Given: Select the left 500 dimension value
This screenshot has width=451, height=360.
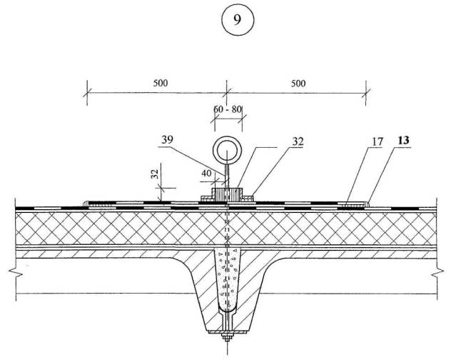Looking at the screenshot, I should [x=160, y=83].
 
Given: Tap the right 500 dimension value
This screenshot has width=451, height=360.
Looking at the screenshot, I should [x=298, y=83].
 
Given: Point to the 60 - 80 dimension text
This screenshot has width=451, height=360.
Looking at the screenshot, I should [x=227, y=109].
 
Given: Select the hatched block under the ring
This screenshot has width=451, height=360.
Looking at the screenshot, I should [x=226, y=194].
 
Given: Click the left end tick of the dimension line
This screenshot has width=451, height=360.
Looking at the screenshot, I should [x=88, y=90].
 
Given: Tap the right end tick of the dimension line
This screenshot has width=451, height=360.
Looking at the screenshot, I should [x=367, y=90].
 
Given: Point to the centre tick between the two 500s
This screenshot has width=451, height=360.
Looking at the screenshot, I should [x=227, y=90].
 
